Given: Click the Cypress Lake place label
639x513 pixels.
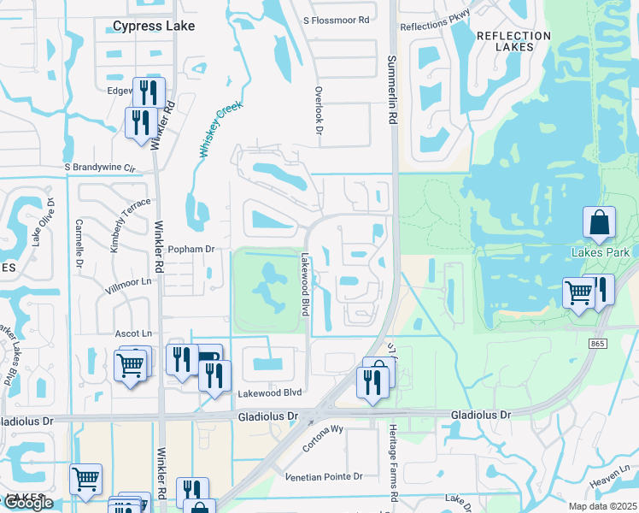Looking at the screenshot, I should [154, 27].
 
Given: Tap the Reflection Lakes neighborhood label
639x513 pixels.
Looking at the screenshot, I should [513, 43].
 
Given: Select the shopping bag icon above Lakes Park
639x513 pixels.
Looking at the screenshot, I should [599, 223].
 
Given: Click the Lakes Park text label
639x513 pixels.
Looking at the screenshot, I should [601, 252].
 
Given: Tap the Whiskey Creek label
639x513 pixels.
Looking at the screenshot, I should [220, 128].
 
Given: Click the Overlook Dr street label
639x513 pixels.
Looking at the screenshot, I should [317, 109].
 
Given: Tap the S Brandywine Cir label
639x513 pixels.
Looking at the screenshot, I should [100, 168].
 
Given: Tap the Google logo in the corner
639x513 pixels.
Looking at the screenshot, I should [27, 503].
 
